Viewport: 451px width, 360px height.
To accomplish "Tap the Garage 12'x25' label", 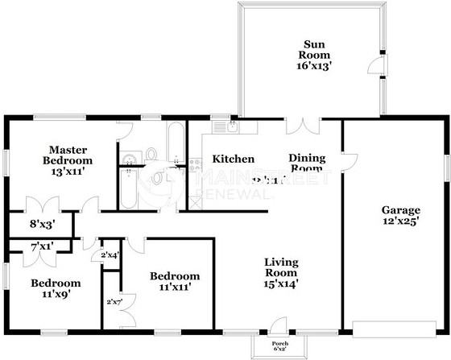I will [x=399, y=217].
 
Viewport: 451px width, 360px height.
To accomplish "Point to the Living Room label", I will [x=282, y=272].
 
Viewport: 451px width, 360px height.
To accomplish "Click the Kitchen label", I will [x=234, y=159].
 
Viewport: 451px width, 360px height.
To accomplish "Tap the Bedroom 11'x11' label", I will [x=175, y=281].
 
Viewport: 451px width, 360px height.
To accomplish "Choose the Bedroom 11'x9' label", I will [x=56, y=288].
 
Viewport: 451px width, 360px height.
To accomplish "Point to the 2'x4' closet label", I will [x=110, y=256].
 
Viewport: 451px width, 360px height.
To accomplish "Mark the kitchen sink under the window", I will [x=223, y=127].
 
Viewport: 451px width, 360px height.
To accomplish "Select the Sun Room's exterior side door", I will [x=379, y=67].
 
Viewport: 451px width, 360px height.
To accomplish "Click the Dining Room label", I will [x=306, y=163].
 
